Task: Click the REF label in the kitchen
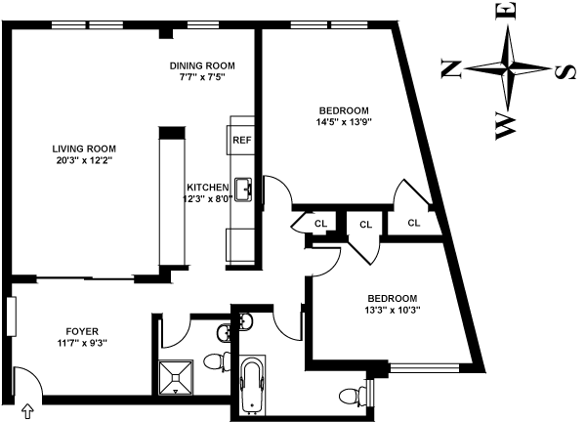[x=241, y=140]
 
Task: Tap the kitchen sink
[x=242, y=190]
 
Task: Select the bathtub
[x=252, y=385]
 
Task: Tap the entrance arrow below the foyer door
[x=27, y=411]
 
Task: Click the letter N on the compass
[x=451, y=67]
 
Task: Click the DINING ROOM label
[x=202, y=65]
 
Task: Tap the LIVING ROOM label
[x=83, y=148]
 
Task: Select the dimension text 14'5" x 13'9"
[x=344, y=121]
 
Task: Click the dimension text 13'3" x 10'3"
[x=392, y=311]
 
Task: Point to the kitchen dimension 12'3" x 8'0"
[x=208, y=199]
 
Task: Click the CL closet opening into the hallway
[x=365, y=225]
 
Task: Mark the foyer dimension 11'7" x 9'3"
[x=83, y=343]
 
